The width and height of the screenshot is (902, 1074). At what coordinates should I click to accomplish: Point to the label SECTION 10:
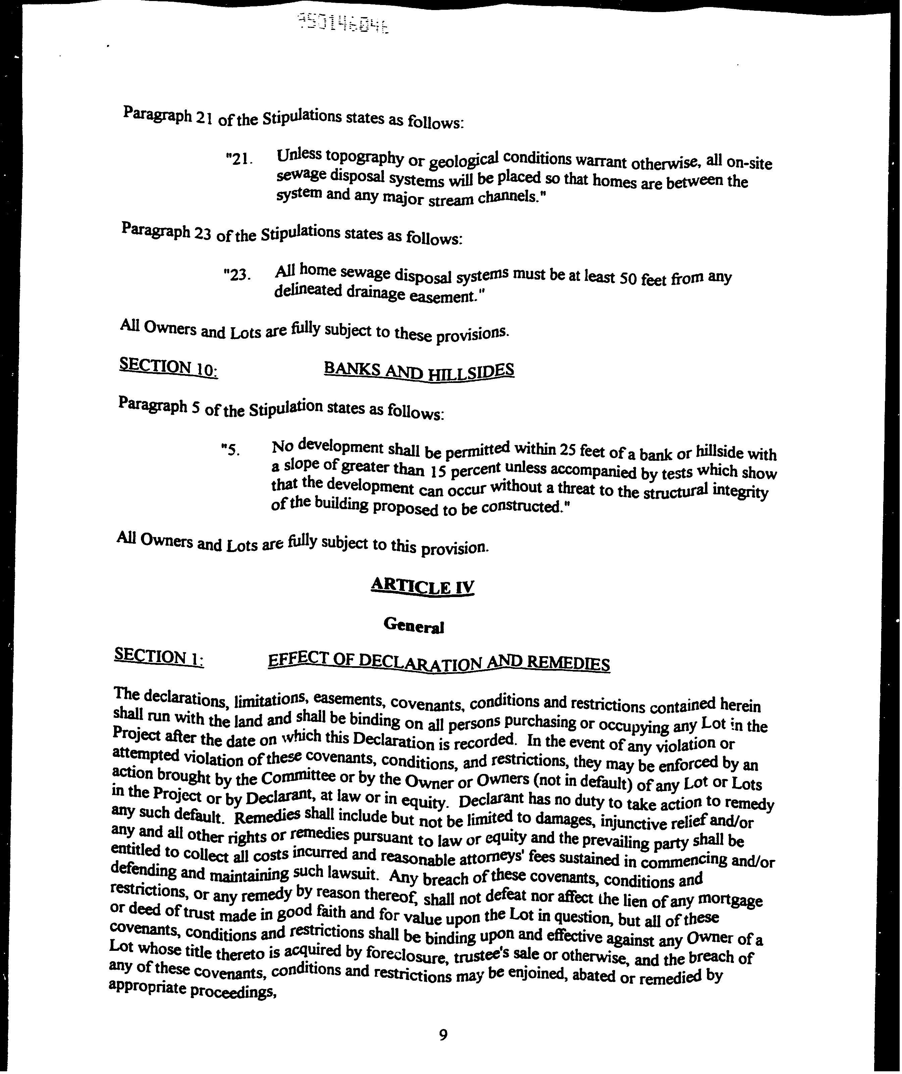click(168, 367)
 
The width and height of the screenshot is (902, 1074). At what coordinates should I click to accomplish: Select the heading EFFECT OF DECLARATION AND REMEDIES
click(438, 663)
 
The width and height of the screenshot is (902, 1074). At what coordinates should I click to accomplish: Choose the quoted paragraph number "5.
click(230, 450)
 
